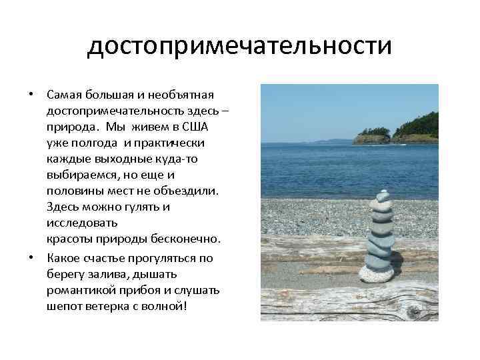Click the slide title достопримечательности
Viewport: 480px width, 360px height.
[239, 47]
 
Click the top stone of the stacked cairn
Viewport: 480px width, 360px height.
[382, 195]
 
